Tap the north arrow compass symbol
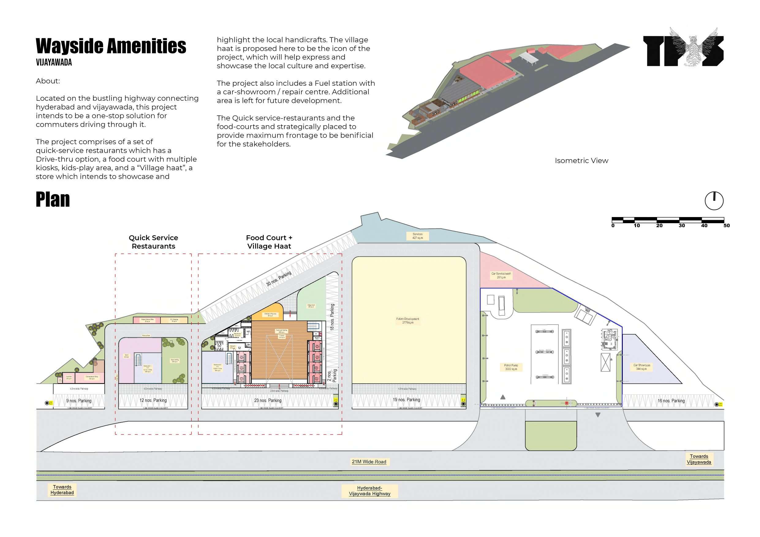[x=714, y=201]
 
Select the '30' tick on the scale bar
[x=682, y=226]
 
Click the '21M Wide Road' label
[x=369, y=462]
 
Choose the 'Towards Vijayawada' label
[x=699, y=459]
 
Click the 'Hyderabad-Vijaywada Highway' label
[x=369, y=491]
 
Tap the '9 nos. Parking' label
[x=79, y=401]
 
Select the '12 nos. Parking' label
[x=153, y=400]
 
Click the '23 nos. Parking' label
[x=268, y=400]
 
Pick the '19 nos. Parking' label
[x=406, y=400]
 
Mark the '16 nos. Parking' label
[x=671, y=401]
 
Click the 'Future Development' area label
[x=407, y=321]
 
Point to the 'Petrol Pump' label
[x=511, y=367]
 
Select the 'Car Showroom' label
[x=641, y=367]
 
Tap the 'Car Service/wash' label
[x=501, y=275]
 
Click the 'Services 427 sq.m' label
[x=418, y=236]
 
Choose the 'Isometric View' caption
[x=581, y=160]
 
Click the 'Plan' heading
[x=53, y=200]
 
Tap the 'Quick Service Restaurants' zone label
[x=153, y=242]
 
